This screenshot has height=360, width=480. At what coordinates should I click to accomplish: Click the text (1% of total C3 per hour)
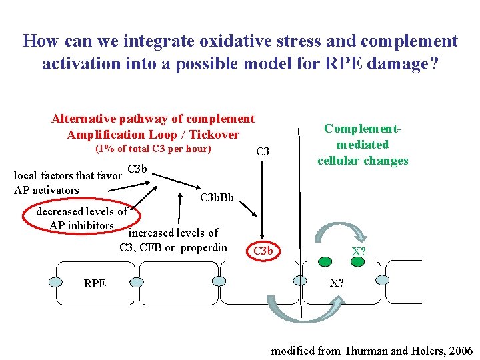(153, 149)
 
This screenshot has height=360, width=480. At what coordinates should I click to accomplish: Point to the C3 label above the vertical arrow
(263, 152)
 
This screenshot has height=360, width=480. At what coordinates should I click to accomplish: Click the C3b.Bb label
(217, 198)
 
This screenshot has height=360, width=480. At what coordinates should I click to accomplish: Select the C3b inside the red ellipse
(263, 251)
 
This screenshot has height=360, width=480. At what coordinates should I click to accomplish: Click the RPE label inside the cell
(95, 283)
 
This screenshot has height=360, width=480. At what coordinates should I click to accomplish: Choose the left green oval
(326, 261)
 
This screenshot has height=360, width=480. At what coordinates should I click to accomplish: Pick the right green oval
(358, 261)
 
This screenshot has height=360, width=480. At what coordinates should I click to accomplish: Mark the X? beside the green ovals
(358, 251)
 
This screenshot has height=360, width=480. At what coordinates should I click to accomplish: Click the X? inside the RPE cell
(337, 283)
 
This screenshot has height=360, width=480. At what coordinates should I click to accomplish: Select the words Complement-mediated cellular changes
(363, 145)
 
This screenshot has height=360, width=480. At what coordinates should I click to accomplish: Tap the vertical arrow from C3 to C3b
(263, 200)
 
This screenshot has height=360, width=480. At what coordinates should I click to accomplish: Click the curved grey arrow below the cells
(303, 310)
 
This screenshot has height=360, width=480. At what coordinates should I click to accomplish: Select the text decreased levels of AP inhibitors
(81, 219)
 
